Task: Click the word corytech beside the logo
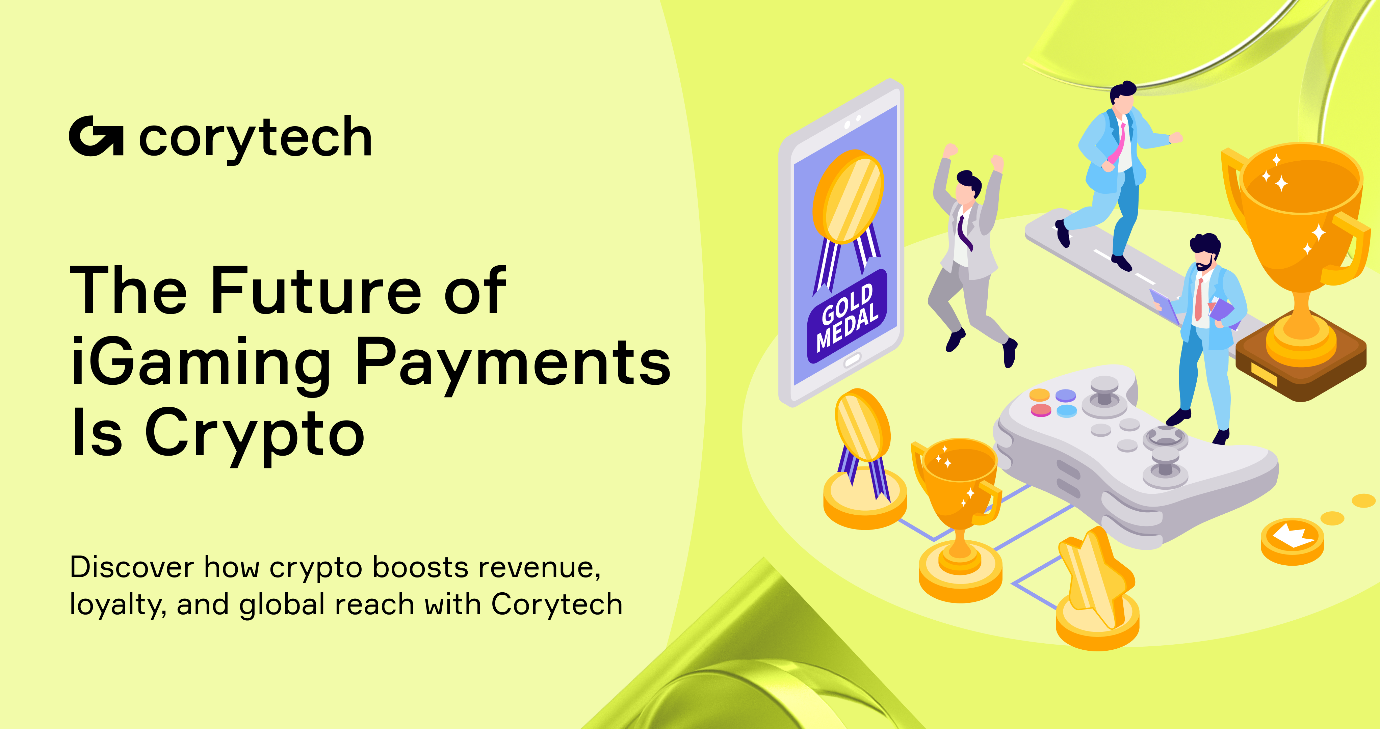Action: tap(255, 138)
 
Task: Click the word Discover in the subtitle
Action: tap(132, 567)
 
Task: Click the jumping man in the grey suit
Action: tap(967, 252)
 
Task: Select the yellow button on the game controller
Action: tap(1039, 395)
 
